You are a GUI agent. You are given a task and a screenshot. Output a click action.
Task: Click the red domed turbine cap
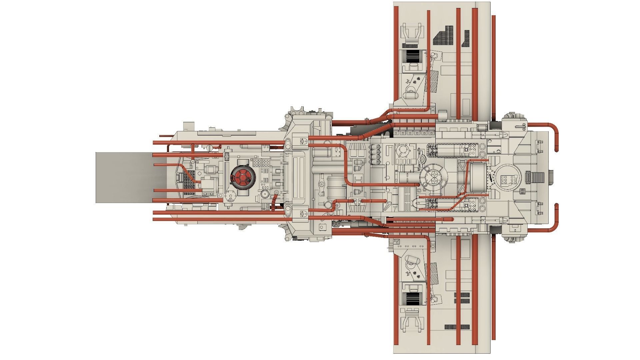[x=243, y=177]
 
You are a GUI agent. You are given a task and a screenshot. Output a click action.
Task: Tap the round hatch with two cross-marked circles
[x=433, y=177]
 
